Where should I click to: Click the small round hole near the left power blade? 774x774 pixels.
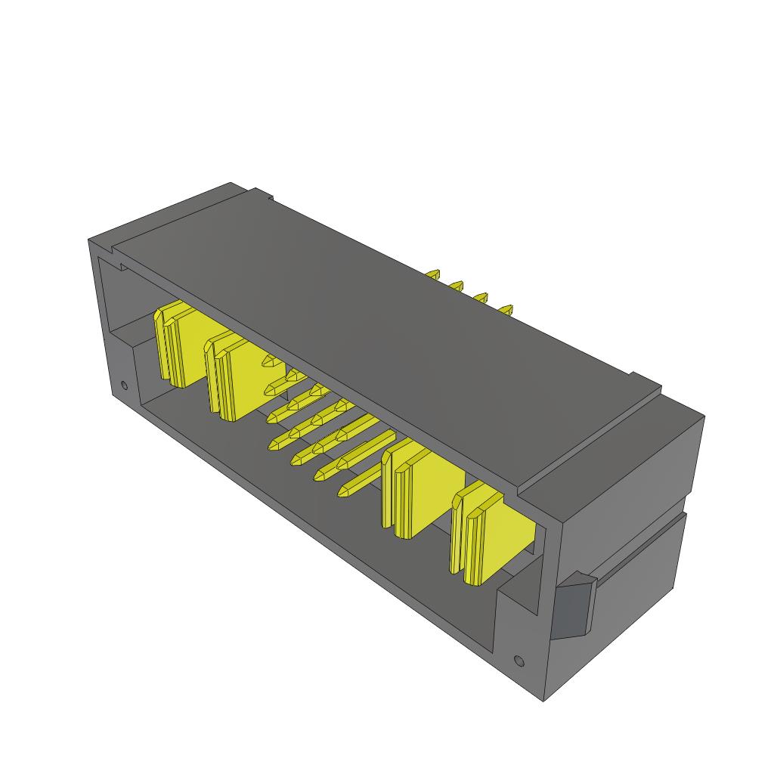125,387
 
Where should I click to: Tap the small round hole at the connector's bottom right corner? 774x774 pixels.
518,661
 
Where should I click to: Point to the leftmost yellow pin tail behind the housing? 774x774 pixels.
433,275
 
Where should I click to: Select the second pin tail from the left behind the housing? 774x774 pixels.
456,286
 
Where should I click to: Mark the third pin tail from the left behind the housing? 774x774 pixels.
481,298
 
